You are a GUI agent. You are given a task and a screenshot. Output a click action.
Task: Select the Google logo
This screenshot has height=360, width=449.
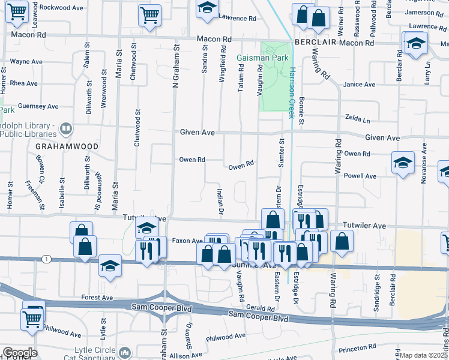tap(19, 353)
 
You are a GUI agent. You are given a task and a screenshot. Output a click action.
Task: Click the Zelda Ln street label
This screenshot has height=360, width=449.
tap(355, 118)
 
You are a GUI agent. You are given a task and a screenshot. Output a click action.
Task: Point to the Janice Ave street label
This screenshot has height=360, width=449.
tap(358, 85)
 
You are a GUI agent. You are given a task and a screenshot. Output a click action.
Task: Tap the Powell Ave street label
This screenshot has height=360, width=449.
tap(360, 176)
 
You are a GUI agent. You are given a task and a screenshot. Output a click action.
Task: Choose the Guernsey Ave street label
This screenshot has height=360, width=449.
tap(38, 106)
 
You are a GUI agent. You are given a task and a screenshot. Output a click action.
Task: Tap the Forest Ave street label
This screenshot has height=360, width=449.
tap(97, 297)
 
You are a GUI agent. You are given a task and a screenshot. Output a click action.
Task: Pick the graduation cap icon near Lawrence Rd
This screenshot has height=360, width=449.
tap(208, 8)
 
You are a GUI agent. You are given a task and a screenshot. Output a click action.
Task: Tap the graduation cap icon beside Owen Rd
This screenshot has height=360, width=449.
tap(402, 163)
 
